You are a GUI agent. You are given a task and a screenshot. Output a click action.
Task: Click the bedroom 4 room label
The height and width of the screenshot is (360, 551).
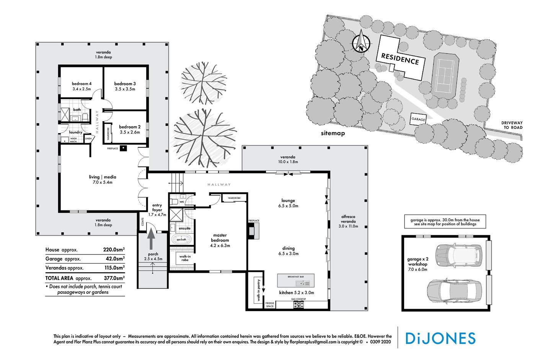tap(82, 83)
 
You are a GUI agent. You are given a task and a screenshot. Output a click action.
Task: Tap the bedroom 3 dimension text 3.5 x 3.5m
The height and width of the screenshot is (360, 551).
tap(125, 89)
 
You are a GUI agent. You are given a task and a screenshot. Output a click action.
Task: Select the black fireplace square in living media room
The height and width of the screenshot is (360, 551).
tap(123, 148)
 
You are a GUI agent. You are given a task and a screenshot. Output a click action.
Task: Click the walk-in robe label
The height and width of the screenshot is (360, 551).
tap(185, 258)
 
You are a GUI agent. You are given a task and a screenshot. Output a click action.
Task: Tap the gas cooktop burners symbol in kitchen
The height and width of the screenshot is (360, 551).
tap(298, 305)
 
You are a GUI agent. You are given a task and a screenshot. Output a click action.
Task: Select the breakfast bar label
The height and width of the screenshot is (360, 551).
tap(295, 276)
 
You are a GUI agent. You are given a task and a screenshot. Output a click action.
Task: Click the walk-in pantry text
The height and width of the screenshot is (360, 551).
tap(258, 290)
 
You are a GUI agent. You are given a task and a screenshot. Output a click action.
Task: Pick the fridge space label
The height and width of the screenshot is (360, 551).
tap(270, 305)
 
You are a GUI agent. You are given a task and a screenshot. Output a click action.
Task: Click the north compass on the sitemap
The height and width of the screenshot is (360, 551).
tap(360, 42)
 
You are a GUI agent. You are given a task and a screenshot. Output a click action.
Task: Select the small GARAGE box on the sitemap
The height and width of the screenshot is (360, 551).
tap(418, 119)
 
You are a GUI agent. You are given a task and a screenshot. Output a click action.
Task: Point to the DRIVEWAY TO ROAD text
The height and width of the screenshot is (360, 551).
tap(512, 125)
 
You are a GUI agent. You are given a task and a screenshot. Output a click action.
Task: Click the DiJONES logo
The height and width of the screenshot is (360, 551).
tap(440, 338)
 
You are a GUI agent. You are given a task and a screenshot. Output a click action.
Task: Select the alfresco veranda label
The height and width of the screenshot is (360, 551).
tap(348, 221)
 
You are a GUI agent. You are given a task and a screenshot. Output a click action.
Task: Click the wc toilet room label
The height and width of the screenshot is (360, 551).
tap(182, 201)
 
